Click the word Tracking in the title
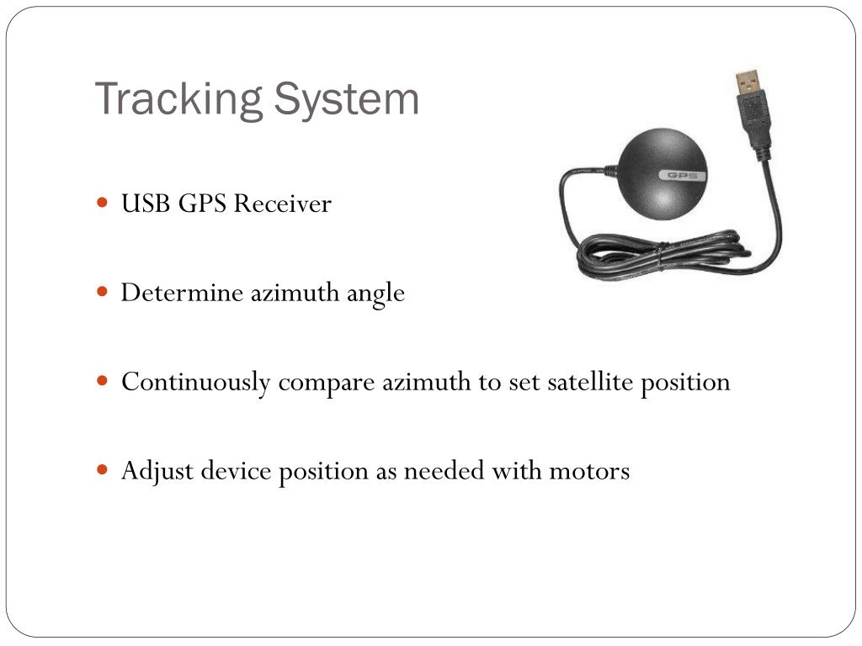coord(178,100)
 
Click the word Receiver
coord(282,204)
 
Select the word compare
coord(327,384)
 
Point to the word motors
coord(589,471)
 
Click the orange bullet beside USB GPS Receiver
coord(103,203)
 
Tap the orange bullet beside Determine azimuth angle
coord(103,292)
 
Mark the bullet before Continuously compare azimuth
coord(103,381)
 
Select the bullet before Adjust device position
coord(103,469)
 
